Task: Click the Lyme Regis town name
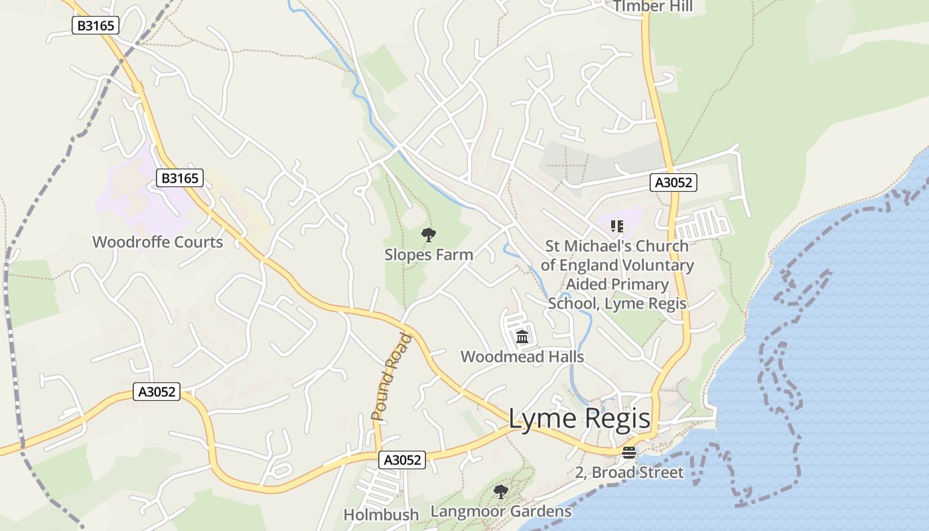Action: click(x=579, y=419)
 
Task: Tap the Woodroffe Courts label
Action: click(x=158, y=242)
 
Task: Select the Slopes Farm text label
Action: click(x=429, y=254)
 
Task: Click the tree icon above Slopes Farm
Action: click(x=429, y=234)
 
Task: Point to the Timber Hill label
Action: click(x=653, y=7)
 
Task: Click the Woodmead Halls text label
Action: click(x=522, y=356)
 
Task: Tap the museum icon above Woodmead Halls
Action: click(x=522, y=337)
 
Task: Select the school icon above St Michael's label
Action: click(x=617, y=227)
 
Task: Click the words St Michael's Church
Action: click(x=616, y=246)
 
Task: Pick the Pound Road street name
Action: click(x=392, y=377)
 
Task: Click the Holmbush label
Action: click(x=381, y=514)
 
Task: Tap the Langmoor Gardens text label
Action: click(x=501, y=511)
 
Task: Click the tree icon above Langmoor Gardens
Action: click(x=501, y=492)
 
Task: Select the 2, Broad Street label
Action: click(x=629, y=473)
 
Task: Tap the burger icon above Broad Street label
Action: click(x=629, y=453)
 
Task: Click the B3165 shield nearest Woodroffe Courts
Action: click(x=179, y=178)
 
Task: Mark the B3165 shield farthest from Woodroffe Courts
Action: click(x=95, y=26)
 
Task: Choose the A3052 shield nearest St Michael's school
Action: click(x=674, y=183)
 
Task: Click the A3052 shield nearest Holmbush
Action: click(x=402, y=459)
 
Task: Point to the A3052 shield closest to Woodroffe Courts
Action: click(x=157, y=392)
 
